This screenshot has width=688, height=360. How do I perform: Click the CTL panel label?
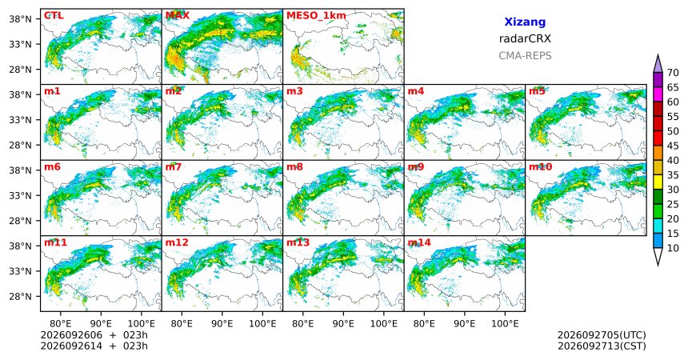coord(54,16)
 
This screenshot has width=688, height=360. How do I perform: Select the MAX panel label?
coord(178,16)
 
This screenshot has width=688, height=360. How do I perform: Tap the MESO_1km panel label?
coord(316,16)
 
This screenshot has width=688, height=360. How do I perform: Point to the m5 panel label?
coord(537,91)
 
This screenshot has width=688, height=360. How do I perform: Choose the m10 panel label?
coord(540,167)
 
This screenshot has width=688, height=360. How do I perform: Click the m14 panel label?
coord(419,242)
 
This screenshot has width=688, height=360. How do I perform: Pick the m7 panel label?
coord(174,167)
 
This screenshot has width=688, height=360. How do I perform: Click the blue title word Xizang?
coord(525,22)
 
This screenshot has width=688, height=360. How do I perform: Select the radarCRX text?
coord(525,38)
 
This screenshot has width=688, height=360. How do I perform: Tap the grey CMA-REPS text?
coord(525,56)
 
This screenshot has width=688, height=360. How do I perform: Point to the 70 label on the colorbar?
coord(673,73)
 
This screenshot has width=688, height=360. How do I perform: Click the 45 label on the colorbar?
coord(673,146)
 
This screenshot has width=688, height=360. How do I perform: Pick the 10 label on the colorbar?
coord(673,248)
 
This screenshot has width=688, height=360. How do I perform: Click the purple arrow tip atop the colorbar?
coord(658,54)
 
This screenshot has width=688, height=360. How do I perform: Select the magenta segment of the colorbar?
coord(658,94)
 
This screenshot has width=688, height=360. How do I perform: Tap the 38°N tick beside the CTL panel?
coord(19,19)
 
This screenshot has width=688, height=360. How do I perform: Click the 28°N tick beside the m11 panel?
coord(19,296)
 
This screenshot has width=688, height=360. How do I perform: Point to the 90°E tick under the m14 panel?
coord(465,324)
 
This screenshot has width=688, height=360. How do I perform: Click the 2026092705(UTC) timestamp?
coord(602,335)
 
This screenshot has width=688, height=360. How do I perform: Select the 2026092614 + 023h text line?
coord(94,346)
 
